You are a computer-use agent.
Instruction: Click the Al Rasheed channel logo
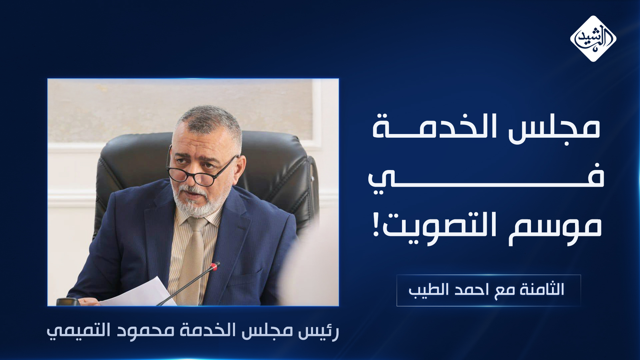pyautogui.click(x=593, y=39)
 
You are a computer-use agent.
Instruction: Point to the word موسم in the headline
pyautogui.click(x=555, y=227)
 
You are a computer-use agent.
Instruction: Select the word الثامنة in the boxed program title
pyautogui.click(x=542, y=289)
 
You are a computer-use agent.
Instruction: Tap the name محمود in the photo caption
pyautogui.click(x=146, y=331)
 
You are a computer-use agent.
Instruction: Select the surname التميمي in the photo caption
pyautogui.click(x=79, y=331)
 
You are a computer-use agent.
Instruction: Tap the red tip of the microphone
pyautogui.click(x=215, y=266)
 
